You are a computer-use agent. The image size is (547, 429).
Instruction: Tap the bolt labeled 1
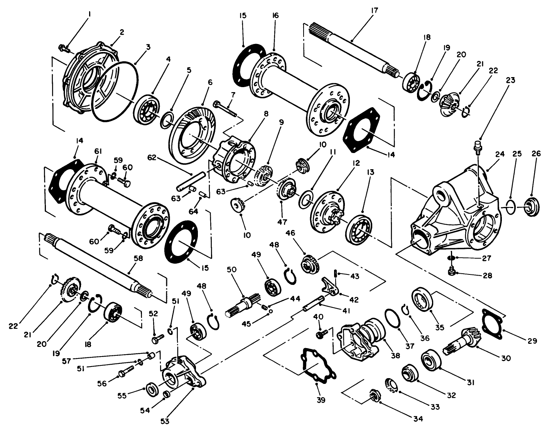tap(64, 48)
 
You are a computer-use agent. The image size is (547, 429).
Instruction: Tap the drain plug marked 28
tap(450, 272)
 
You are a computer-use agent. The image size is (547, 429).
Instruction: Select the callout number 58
tap(138, 259)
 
